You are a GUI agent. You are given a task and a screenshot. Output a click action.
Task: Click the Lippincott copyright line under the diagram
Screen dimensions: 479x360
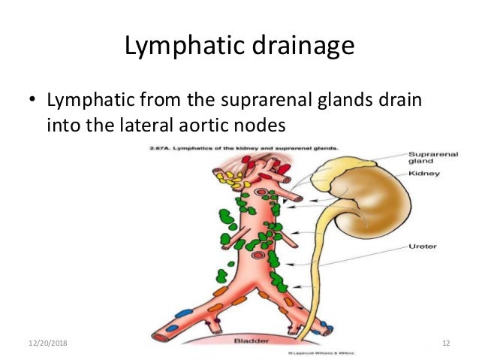[316, 350]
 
